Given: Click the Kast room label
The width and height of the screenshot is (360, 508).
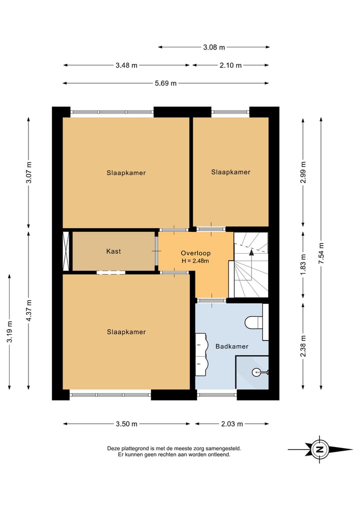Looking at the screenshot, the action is (x=113, y=251).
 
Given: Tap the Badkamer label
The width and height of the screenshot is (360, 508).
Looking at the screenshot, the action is (x=232, y=346).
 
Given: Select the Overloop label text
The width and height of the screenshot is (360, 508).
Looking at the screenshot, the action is (x=195, y=253).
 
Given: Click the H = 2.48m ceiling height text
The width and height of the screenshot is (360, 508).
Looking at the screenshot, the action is (x=195, y=261).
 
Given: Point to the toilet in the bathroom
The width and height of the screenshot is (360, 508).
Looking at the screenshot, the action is (x=253, y=322).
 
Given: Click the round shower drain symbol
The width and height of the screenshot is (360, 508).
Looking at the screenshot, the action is (x=256, y=372).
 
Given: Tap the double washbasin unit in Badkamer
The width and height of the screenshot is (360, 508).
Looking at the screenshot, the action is (x=201, y=355).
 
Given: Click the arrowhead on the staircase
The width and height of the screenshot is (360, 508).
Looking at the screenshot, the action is (x=251, y=252).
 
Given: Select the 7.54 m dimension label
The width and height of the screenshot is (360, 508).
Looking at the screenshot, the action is (x=321, y=253).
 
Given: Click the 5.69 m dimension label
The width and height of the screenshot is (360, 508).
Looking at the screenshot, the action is (x=165, y=83).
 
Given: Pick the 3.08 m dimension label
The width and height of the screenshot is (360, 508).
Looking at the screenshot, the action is (x=214, y=47).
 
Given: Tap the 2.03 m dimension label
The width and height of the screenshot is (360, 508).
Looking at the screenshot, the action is (x=232, y=424).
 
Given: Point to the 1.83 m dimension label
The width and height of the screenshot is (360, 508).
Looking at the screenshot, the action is (x=303, y=265).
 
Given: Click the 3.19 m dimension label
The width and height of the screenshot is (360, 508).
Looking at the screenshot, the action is (x=9, y=332).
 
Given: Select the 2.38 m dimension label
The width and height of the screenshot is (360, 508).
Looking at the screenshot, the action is (x=303, y=346).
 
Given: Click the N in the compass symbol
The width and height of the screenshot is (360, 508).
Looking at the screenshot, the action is (x=320, y=450).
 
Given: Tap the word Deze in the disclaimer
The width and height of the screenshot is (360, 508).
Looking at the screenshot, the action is (x=113, y=449).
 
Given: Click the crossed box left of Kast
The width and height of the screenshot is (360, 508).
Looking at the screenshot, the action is (x=66, y=251).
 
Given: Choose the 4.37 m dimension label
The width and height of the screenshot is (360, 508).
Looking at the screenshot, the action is (x=29, y=311).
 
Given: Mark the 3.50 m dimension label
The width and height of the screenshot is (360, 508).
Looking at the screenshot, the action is (x=126, y=424).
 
